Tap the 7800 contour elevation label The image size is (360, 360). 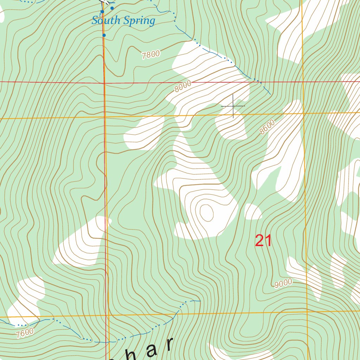[x=151, y=54]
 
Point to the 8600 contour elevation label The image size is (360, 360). [x=267, y=127]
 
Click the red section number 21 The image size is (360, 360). [x=263, y=241]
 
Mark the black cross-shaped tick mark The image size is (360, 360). [x=233, y=106]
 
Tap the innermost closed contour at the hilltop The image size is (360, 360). [x=206, y=212]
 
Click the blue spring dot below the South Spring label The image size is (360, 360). [x=104, y=35]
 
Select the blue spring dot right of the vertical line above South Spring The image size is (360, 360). [x=112, y=8]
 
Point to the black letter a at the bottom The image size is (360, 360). [x=152, y=351]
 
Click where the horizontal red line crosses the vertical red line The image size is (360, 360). [x=104, y=83]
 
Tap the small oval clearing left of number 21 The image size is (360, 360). [x=253, y=212]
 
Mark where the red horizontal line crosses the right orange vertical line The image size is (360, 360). [x=303, y=82]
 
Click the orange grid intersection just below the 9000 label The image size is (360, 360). [x=307, y=312]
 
